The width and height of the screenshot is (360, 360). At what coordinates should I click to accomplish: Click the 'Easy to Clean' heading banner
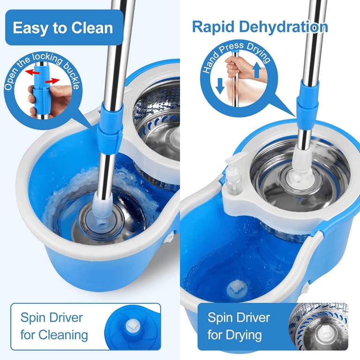tap(63, 28)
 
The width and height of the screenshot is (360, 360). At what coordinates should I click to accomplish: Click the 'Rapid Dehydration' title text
tap(259, 26)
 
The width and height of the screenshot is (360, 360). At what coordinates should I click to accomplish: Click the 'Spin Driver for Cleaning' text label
tap(54, 326)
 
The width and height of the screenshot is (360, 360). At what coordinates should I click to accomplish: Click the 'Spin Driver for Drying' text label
tap(239, 326)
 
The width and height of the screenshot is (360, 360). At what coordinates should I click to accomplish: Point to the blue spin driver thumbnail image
tap(132, 326)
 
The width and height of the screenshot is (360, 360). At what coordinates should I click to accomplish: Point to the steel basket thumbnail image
tap(319, 327)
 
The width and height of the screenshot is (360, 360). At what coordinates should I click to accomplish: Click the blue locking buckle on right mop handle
tap(307, 100)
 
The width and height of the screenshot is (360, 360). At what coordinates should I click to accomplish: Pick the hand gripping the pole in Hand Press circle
tap(233, 67)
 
